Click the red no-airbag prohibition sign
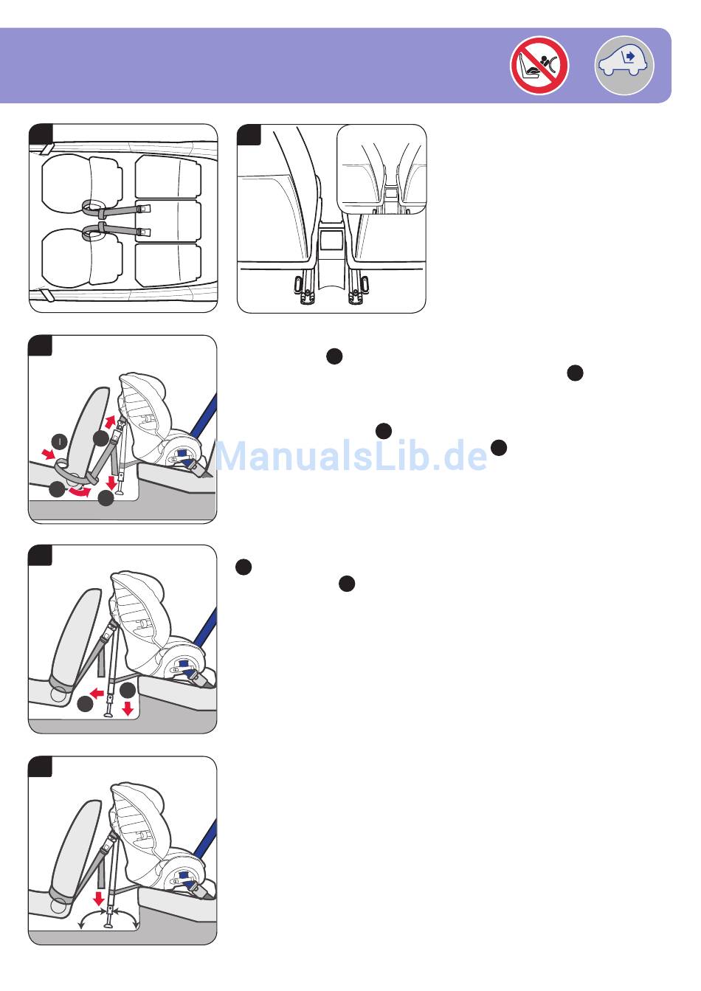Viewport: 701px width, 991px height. (539, 66)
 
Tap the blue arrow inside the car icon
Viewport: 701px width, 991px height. (631, 56)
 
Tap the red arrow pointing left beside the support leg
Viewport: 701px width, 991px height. (97, 694)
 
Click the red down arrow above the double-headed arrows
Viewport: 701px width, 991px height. (99, 899)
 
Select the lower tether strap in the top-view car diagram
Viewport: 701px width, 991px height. (116, 230)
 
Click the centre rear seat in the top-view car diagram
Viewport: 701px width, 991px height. (168, 221)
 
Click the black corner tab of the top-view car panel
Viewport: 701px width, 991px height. (41, 134)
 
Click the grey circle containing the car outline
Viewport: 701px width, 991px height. (624, 66)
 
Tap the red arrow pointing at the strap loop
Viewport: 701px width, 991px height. (48, 454)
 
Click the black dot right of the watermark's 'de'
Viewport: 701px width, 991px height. (499, 448)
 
